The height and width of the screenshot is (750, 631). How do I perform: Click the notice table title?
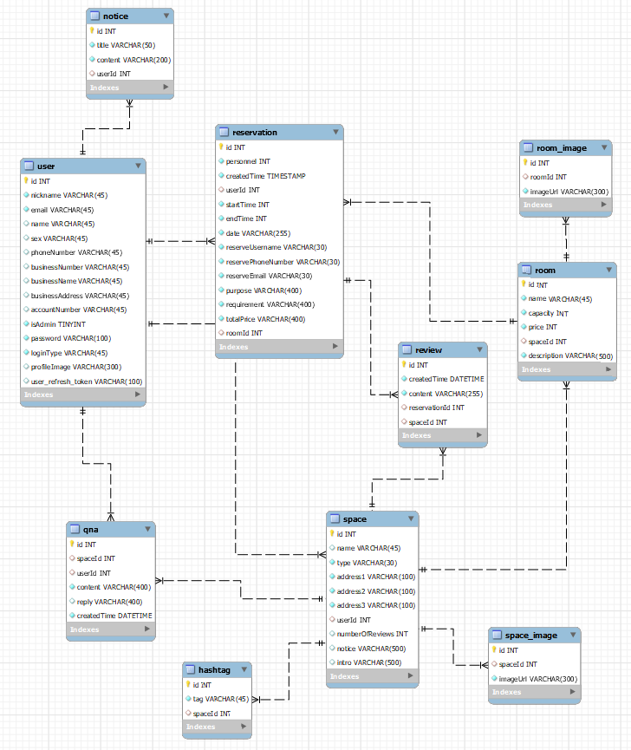(115, 16)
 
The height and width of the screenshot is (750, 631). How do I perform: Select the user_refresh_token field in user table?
(87, 381)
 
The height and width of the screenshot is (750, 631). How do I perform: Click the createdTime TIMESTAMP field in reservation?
(265, 176)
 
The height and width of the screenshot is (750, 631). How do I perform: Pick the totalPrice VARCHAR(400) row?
(265, 319)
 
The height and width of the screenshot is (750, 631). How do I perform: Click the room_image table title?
(561, 148)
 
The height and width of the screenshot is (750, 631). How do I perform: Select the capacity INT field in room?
(548, 313)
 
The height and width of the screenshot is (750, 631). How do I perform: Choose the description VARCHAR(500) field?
(570, 355)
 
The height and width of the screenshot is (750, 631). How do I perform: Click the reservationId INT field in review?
(436, 408)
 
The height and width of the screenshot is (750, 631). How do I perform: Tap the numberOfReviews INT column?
(372, 634)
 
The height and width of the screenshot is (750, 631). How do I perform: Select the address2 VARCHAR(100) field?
(375, 591)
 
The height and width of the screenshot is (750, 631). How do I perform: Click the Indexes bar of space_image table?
(534, 692)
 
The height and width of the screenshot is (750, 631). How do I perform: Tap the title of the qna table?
(91, 530)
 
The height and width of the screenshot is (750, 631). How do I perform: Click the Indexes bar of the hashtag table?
(217, 727)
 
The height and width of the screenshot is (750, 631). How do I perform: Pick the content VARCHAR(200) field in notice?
(133, 60)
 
